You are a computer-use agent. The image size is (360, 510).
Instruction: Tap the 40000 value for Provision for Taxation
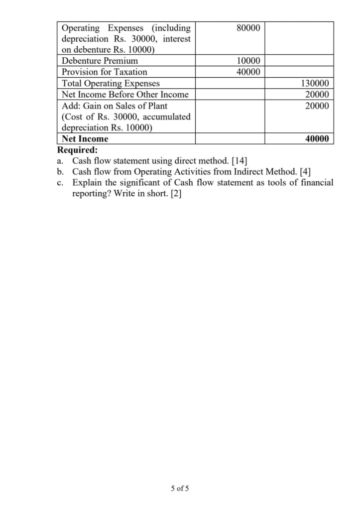[x=248, y=72]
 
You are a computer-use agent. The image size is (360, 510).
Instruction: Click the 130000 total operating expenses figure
[x=316, y=83]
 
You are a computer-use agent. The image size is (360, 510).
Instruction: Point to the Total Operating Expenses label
[x=111, y=83]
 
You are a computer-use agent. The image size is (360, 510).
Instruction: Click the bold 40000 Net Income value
[x=316, y=139]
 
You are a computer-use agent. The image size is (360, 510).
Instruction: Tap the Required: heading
[x=78, y=150]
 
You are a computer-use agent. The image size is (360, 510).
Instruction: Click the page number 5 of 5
[x=179, y=488]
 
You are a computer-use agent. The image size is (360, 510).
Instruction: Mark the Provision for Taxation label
[x=104, y=72]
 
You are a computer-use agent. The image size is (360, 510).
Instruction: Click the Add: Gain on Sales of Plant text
[x=114, y=106]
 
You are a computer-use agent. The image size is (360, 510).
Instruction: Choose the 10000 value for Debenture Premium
[x=248, y=61]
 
